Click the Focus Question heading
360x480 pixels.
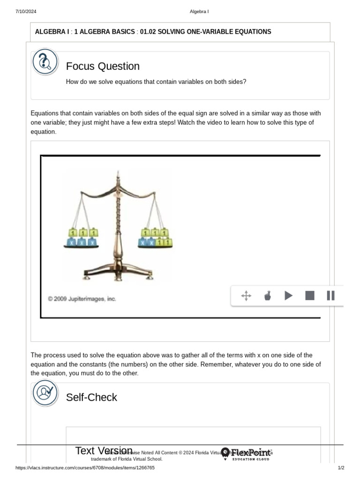(103, 66)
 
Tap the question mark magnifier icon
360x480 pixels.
(45, 62)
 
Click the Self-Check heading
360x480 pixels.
(91, 397)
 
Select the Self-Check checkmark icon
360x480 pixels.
(45, 393)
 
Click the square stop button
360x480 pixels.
(310, 295)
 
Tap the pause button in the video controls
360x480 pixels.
(330, 295)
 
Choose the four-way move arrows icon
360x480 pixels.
(246, 295)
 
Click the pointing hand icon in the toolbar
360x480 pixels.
(268, 295)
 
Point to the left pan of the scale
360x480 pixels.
(82, 247)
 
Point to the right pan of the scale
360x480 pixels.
(155, 247)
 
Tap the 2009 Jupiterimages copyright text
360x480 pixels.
(82, 299)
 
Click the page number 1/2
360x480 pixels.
(341, 468)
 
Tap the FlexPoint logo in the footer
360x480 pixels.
(246, 453)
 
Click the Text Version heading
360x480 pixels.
(104, 450)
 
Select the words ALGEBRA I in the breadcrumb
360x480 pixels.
(52, 32)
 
